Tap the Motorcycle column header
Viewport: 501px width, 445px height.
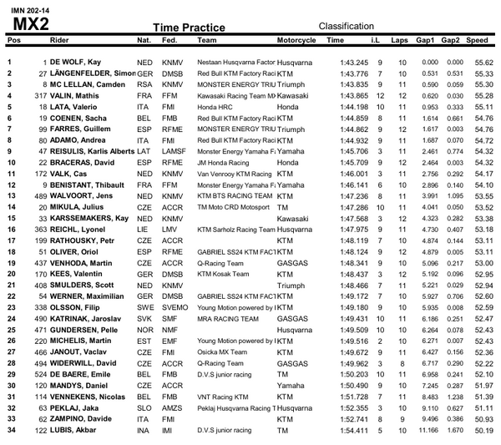(x=296, y=40)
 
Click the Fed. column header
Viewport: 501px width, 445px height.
(x=171, y=40)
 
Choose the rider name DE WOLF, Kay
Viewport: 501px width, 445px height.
(x=79, y=63)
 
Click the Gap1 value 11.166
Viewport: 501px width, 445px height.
(x=426, y=430)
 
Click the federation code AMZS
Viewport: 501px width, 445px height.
(x=173, y=407)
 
